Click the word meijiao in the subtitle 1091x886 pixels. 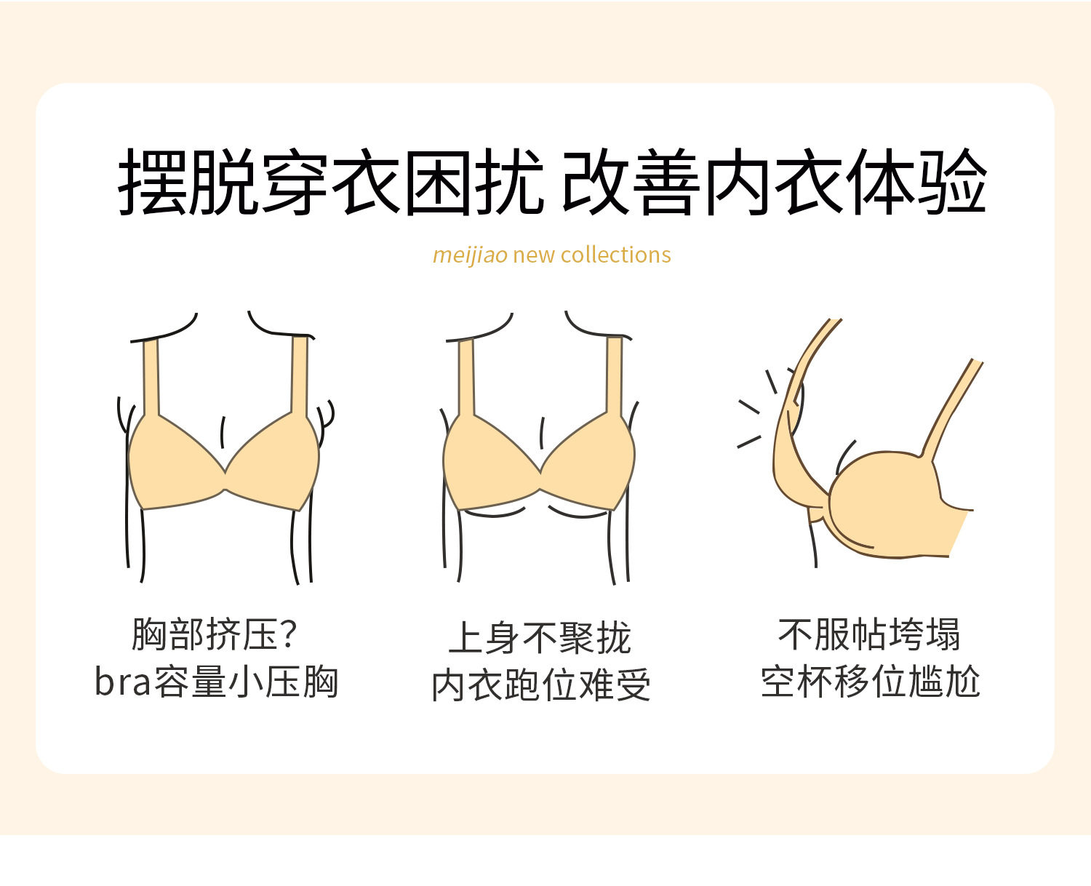tap(470, 255)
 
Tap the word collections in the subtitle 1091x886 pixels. tap(615, 255)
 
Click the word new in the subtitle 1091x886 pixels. tap(535, 255)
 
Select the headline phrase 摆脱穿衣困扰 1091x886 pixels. tap(331, 181)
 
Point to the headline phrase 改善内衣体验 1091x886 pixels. tap(775, 181)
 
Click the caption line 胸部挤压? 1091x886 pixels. tap(215, 634)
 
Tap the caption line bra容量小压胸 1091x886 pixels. tap(216, 682)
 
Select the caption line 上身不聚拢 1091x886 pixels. tap(540, 638)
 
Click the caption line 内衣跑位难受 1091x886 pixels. tap(541, 685)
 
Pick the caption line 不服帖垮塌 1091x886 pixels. tap(869, 634)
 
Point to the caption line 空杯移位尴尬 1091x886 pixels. tap(870, 682)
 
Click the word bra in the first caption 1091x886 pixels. tap(123, 682)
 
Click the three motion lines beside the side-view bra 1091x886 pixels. tap(758, 409)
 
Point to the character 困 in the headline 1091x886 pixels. tap(438, 182)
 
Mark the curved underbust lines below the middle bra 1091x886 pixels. tap(535, 512)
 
